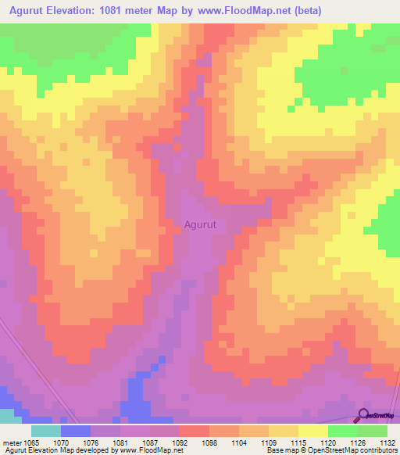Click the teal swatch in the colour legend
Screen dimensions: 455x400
pyautogui.click(x=46, y=430)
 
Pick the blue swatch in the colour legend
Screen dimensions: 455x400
pyautogui.click(x=76, y=430)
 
